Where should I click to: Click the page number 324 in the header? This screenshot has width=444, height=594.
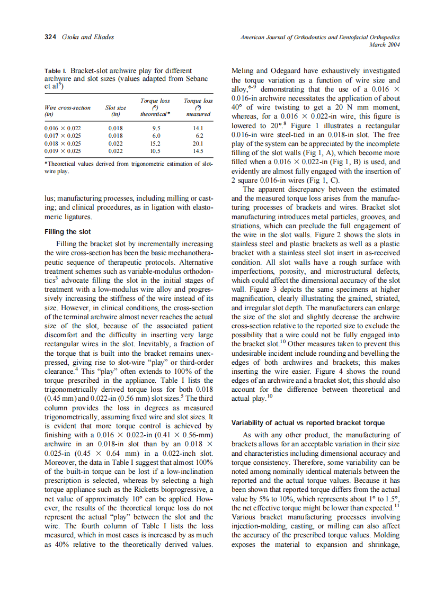coord(50,37)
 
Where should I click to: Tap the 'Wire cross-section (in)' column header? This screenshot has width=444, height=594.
coord(67,110)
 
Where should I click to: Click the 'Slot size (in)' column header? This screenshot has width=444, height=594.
coord(117,110)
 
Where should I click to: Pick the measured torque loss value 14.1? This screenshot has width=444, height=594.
coord(198,128)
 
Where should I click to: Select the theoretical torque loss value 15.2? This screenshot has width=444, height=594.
coord(156,143)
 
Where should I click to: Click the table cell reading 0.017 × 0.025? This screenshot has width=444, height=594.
coord(63,136)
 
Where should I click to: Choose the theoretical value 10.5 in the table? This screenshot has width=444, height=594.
coord(156,151)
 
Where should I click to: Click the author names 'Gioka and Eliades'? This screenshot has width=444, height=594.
coord(87,37)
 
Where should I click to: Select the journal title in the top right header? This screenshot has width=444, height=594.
coord(319,37)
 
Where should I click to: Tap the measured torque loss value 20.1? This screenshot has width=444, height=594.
coord(198,143)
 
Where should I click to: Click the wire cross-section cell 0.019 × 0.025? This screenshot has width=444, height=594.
coord(63,151)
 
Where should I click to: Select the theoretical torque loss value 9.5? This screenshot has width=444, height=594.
coord(156,128)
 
